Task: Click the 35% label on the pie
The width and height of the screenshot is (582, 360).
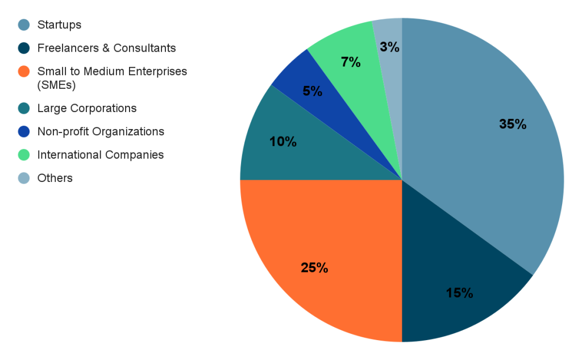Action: [x=512, y=124]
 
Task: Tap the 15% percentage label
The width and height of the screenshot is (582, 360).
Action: [x=459, y=293]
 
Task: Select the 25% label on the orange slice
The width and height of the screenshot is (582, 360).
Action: [x=314, y=267]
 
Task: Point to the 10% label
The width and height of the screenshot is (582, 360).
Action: [x=283, y=142]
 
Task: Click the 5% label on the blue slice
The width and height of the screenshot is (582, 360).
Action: [x=313, y=90]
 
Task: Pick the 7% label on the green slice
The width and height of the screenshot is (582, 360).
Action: [x=351, y=62]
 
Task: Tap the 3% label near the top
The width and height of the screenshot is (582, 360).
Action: [x=390, y=47]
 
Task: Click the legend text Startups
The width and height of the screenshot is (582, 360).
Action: [x=59, y=24]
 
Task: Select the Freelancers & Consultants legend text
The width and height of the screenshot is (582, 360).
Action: [x=106, y=48]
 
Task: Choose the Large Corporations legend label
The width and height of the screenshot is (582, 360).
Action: [x=87, y=108]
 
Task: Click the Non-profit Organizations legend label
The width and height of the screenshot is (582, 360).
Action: [x=101, y=131]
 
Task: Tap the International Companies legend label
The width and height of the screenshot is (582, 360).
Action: [x=101, y=155]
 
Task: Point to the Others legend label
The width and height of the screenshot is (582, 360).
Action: [x=55, y=178]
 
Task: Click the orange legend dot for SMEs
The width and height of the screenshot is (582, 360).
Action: [x=23, y=72]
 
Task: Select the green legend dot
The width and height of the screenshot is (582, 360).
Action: [x=23, y=155]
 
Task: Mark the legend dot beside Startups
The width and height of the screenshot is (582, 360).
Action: [x=23, y=24]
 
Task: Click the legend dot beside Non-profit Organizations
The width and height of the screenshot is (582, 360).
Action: [x=23, y=131]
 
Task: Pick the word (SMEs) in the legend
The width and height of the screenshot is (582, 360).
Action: [x=56, y=85]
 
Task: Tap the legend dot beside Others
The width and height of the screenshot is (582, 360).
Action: [x=23, y=178]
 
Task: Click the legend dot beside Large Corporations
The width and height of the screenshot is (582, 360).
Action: [x=23, y=108]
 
